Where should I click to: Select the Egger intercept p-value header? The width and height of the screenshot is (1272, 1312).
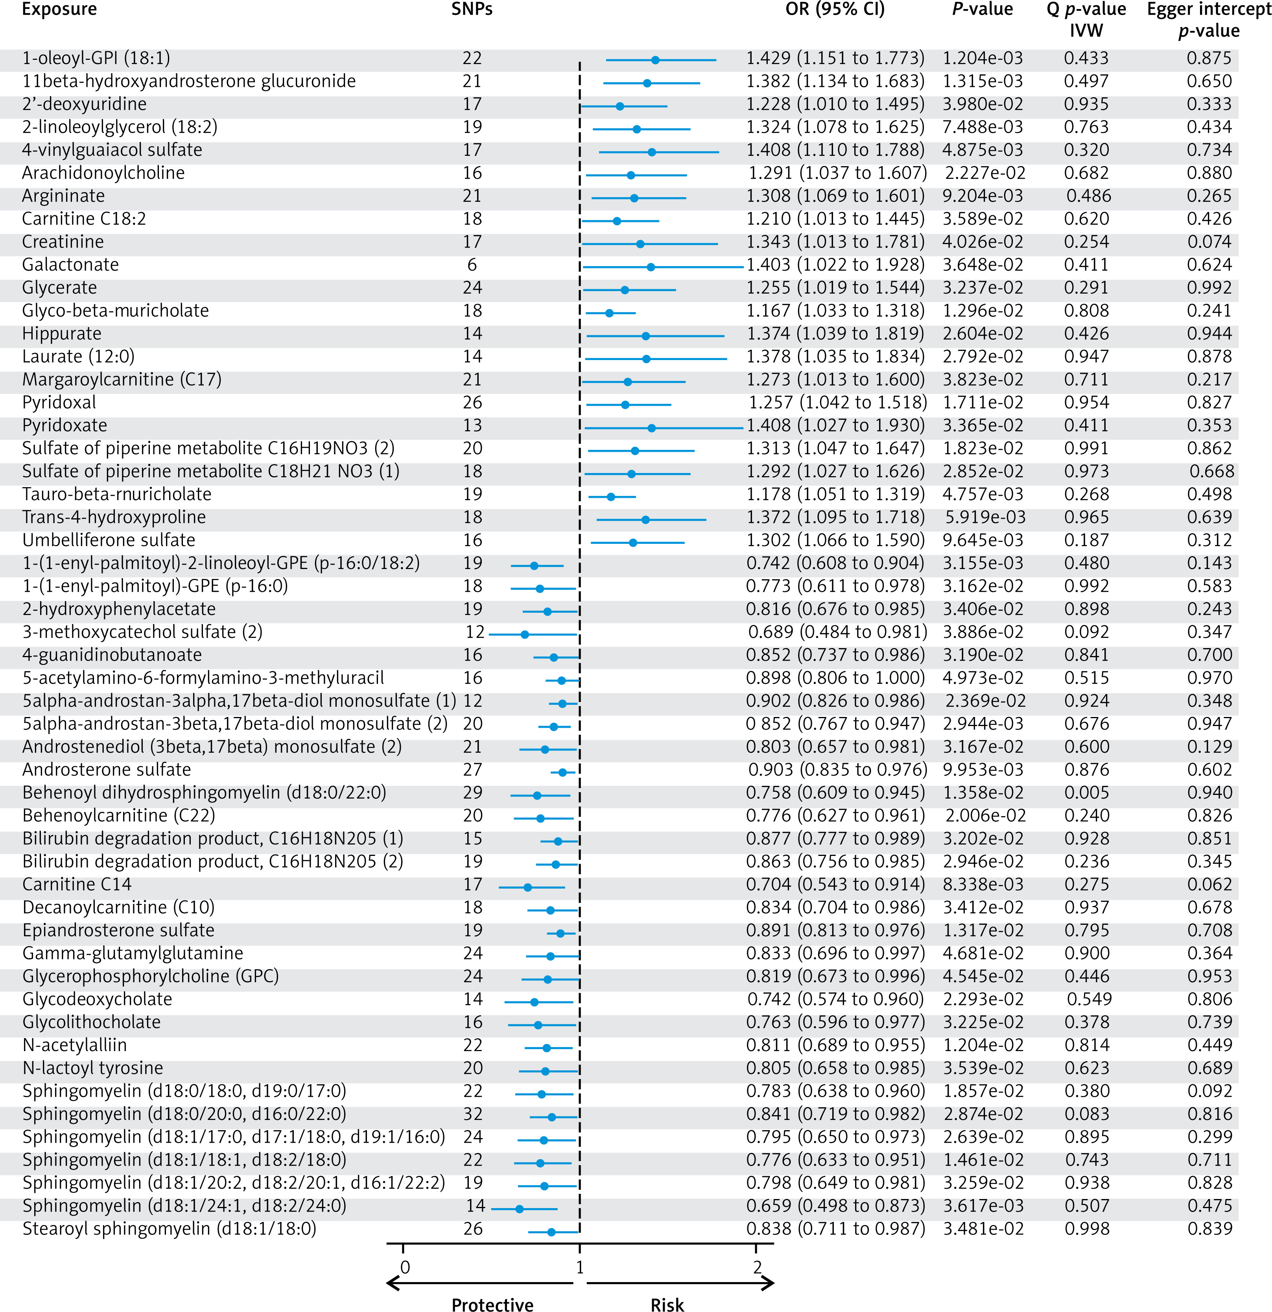pyautogui.click(x=1208, y=20)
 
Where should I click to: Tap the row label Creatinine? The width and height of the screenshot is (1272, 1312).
pyautogui.click(x=63, y=242)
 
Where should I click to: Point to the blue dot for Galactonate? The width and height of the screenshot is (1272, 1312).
pyautogui.click(x=651, y=266)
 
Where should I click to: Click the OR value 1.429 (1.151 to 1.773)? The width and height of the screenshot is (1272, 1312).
pyautogui.click(x=835, y=58)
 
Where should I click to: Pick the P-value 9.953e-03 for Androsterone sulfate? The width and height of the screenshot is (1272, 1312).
pyautogui.click(x=983, y=770)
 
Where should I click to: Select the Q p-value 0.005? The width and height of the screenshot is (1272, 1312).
pyautogui.click(x=1087, y=793)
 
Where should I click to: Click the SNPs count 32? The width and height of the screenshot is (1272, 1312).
pyautogui.click(x=472, y=1114)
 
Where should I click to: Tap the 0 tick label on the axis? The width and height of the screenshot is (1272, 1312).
pyautogui.click(x=405, y=1267)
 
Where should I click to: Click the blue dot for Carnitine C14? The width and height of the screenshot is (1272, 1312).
pyautogui.click(x=527, y=887)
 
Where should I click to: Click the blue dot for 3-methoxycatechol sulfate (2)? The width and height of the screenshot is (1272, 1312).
pyautogui.click(x=525, y=634)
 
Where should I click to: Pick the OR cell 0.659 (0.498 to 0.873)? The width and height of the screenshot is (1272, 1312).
pyautogui.click(x=835, y=1206)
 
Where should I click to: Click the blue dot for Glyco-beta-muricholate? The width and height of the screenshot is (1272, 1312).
pyautogui.click(x=609, y=312)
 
